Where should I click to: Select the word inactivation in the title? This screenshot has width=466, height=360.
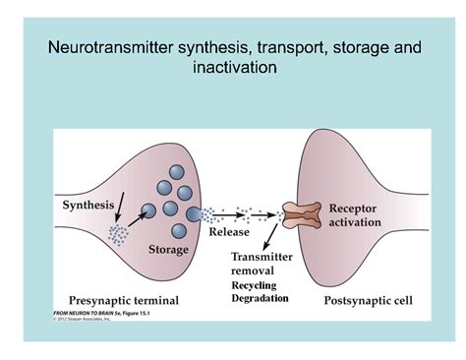coord(233,68)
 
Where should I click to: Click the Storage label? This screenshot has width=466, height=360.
coord(168,250)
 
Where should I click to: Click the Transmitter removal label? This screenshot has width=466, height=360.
coord(262,264)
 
